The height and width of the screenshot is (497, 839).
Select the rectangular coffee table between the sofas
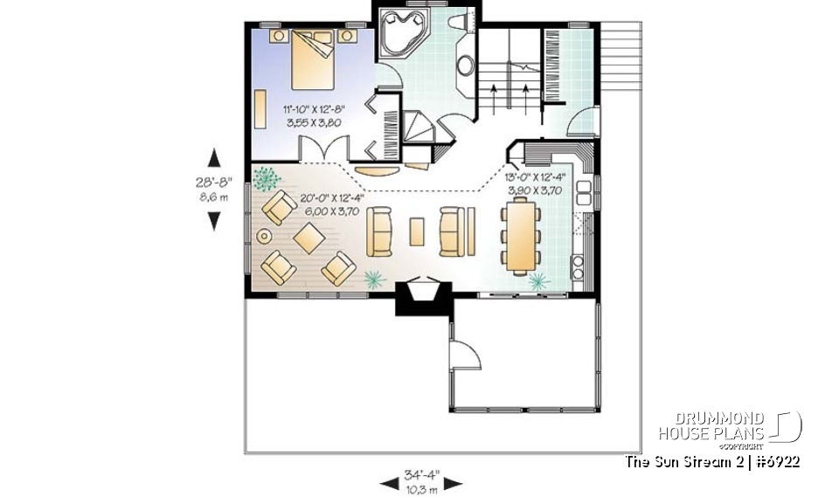click(417, 231)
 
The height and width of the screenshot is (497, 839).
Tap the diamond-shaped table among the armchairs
click(310, 236)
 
